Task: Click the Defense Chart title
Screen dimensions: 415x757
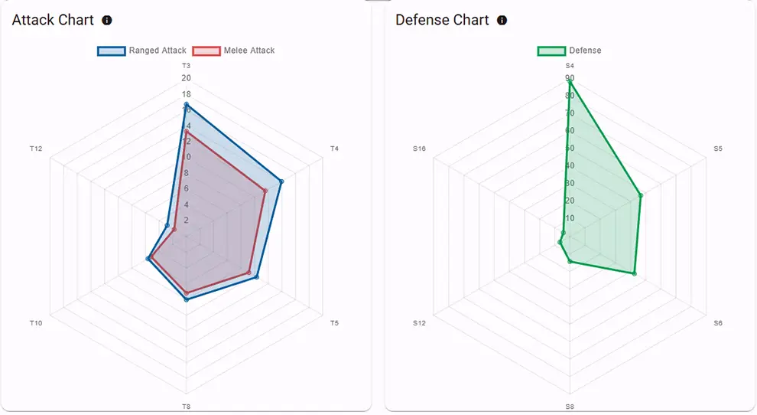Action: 442,21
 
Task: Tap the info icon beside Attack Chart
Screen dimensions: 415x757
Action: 107,21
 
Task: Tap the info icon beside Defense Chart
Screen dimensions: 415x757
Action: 502,21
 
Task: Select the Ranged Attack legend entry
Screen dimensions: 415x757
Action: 142,51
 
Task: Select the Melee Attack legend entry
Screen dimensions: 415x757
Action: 234,51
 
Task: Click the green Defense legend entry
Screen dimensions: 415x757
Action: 570,51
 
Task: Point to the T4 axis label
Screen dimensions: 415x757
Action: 334,149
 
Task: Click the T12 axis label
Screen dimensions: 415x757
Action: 36,149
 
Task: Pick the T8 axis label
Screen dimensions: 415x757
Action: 186,406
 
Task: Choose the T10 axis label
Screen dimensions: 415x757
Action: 36,323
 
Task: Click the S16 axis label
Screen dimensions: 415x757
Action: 419,149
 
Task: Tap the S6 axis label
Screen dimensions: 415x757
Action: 718,323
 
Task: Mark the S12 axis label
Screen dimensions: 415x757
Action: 419,323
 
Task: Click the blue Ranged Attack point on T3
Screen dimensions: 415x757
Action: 186,104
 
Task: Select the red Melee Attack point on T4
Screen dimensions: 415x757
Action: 265,191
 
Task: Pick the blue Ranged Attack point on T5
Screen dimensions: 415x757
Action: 256,277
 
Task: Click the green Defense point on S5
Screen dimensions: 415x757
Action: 640,195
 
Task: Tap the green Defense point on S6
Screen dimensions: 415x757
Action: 635,273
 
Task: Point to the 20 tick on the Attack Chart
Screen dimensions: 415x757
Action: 186,78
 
